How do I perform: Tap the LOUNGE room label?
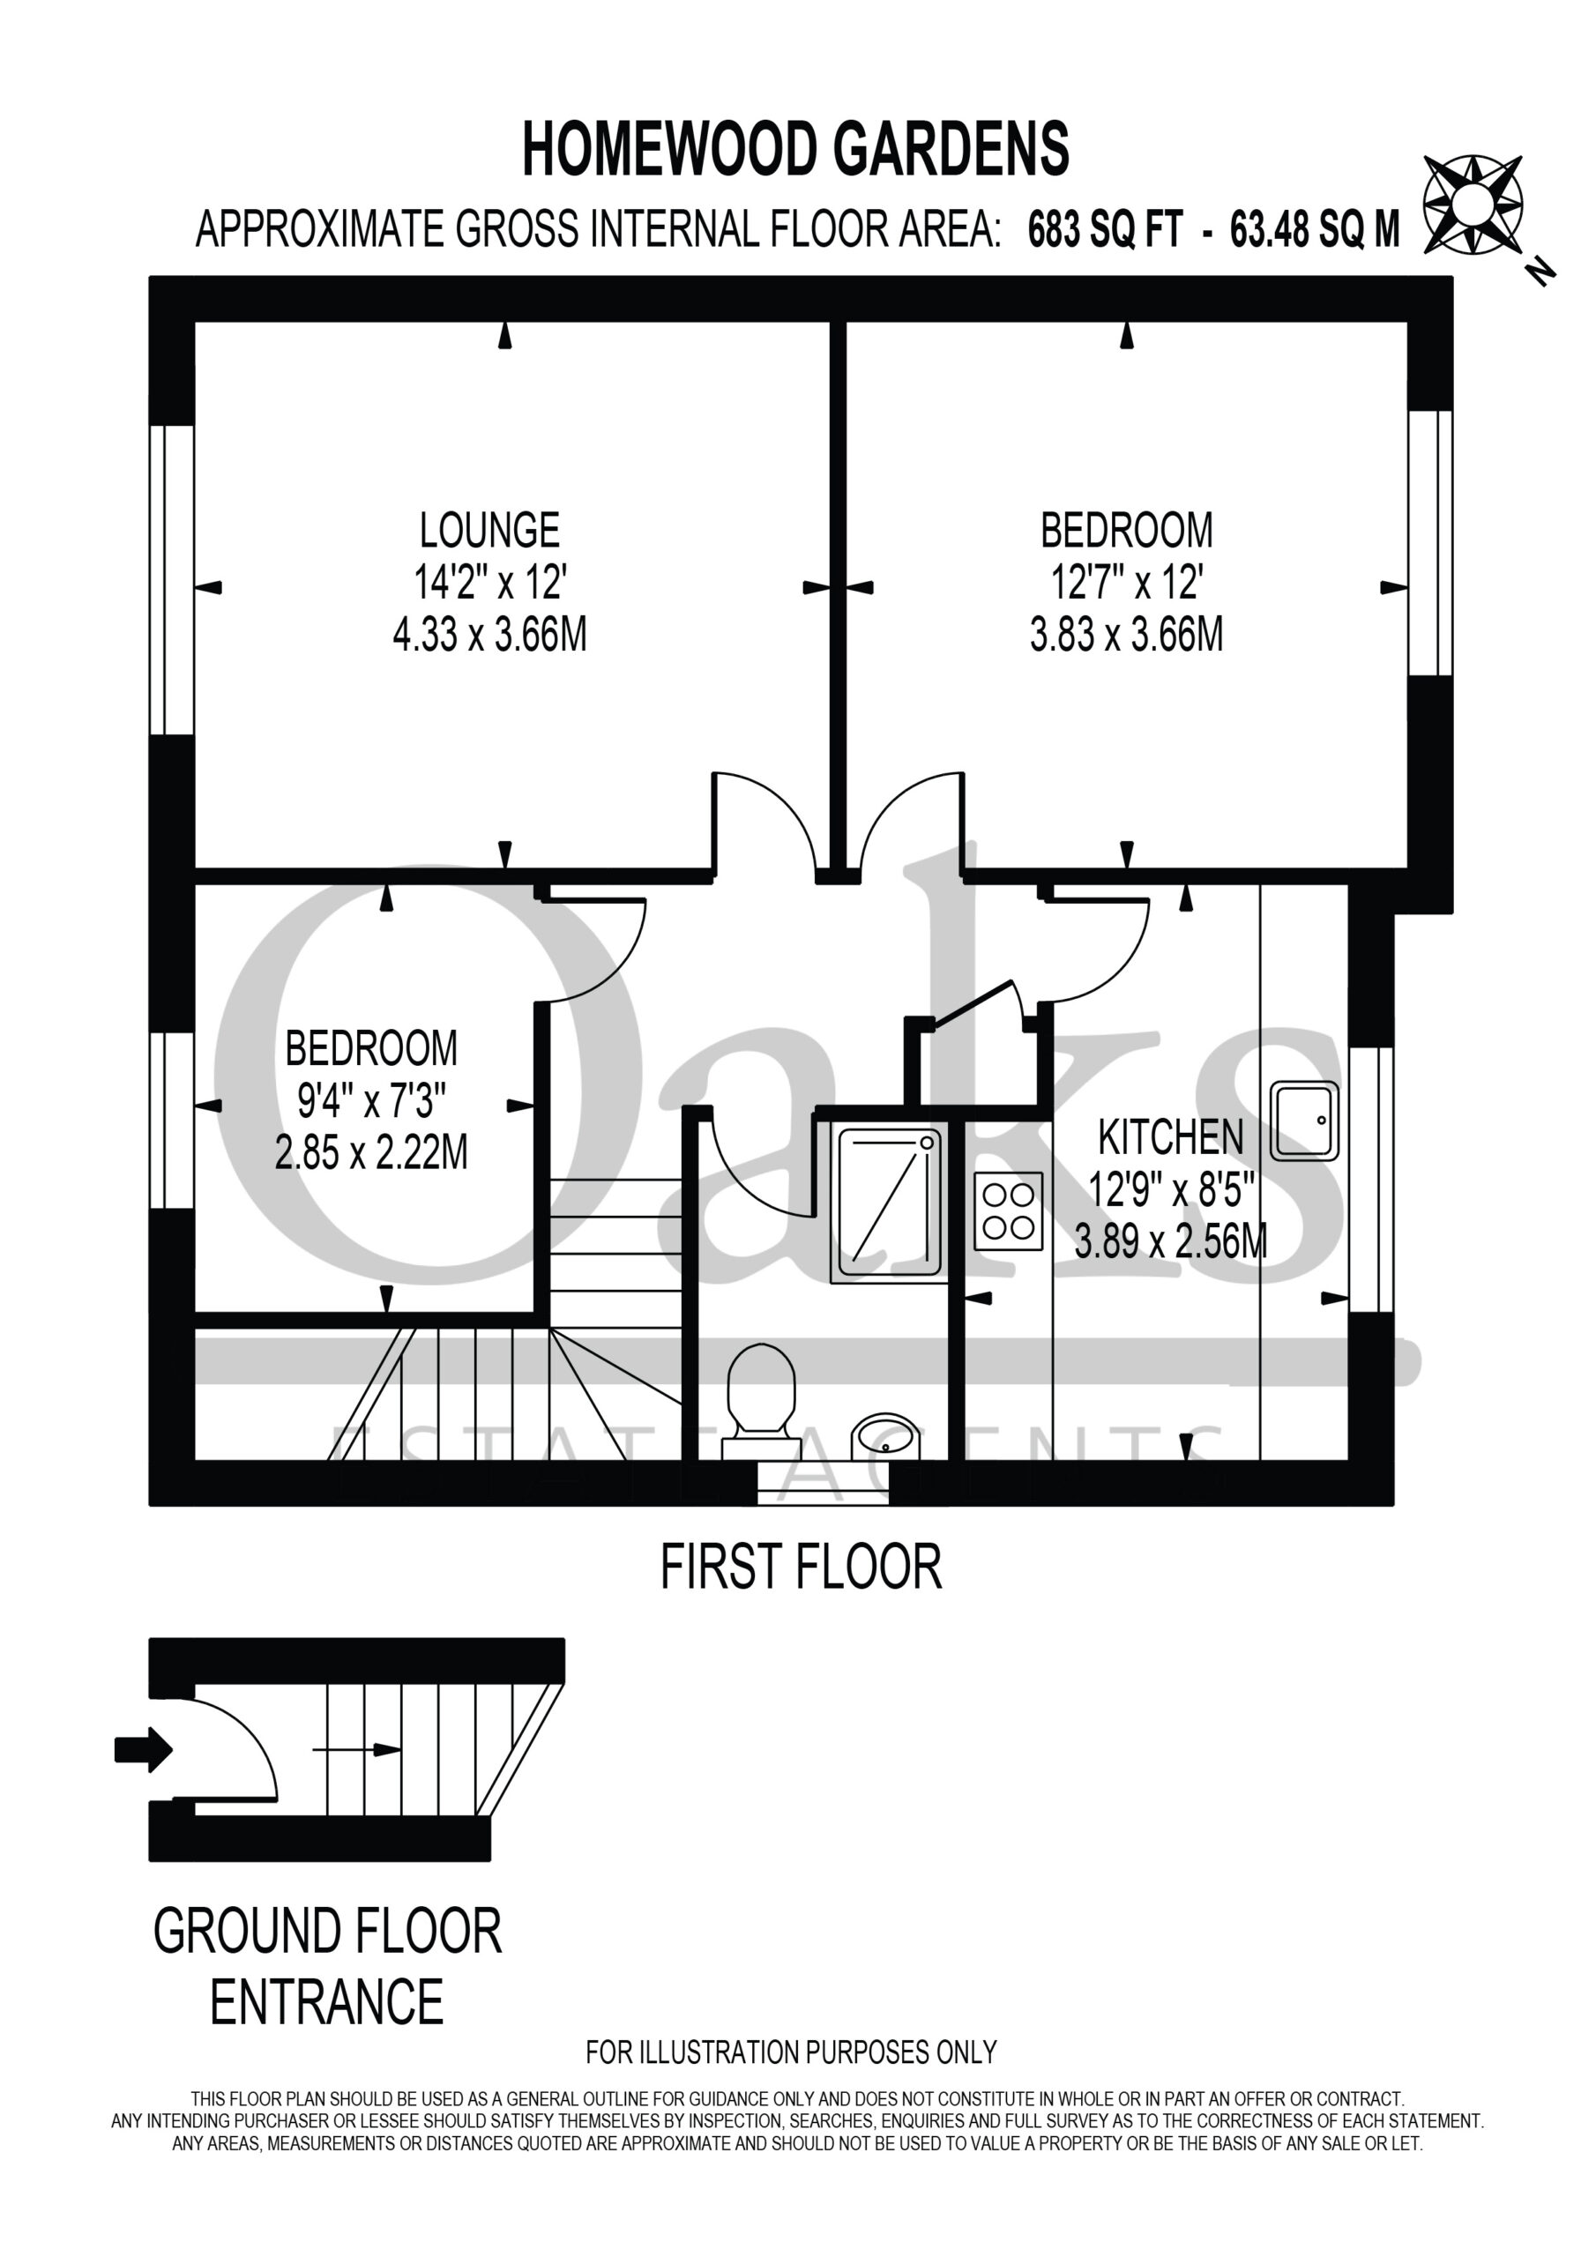pos(489,531)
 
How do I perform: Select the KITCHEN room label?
pos(1170,1137)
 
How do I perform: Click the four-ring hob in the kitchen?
pos(1008,1211)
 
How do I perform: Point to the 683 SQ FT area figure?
pos(1104,230)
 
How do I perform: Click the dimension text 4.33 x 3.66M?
pos(489,635)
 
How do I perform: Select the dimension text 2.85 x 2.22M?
pos(370,1152)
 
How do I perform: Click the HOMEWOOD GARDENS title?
pos(795,149)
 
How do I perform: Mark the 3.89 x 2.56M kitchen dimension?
pos(1170,1241)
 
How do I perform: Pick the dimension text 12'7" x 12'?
pos(1127,583)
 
